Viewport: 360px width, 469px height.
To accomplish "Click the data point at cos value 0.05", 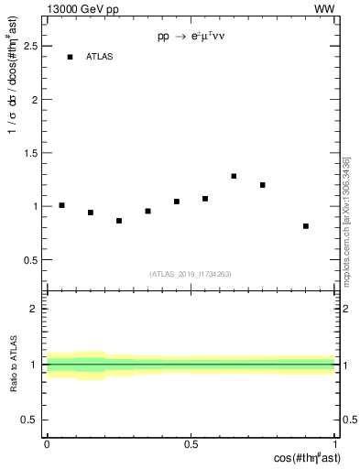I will pyautogui.click(x=61, y=205).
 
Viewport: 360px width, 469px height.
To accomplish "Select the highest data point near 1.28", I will pyautogui.click(x=234, y=176).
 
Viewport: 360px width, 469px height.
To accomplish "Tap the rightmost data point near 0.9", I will pyautogui.click(x=306, y=225).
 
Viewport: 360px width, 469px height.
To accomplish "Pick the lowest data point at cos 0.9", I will pyautogui.click(x=306, y=225).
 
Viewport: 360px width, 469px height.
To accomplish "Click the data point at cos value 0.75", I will pyautogui.click(x=263, y=185).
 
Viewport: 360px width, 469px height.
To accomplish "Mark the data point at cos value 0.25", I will pyautogui.click(x=119, y=221).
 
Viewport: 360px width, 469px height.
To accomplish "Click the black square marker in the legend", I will pyautogui.click(x=70, y=57).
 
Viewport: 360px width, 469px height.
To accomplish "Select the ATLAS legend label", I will pyautogui.click(x=100, y=57).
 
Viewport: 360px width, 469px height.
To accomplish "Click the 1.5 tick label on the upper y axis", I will pyautogui.click(x=33, y=153).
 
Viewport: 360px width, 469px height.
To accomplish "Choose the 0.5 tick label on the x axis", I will pyautogui.click(x=191, y=443).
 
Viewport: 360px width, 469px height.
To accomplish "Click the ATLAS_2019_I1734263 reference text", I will pyautogui.click(x=191, y=274).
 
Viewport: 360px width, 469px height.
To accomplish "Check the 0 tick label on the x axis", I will pyautogui.click(x=47, y=443).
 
